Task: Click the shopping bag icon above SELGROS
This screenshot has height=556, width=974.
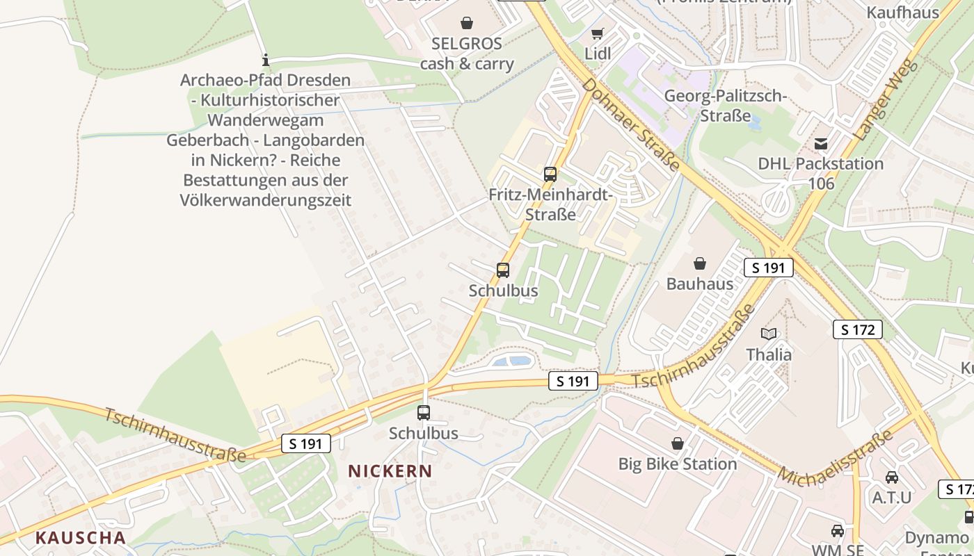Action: [x=467, y=23]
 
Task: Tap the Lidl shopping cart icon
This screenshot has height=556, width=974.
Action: [x=597, y=33]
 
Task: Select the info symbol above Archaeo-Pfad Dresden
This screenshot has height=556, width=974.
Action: [x=265, y=60]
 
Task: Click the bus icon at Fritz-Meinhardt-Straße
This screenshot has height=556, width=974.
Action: [x=550, y=174]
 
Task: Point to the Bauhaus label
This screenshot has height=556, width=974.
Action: [x=700, y=284]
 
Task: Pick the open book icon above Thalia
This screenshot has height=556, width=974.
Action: [x=769, y=334]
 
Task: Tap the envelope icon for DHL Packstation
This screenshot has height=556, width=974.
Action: [x=821, y=143]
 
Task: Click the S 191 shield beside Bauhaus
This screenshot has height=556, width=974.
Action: [x=768, y=268]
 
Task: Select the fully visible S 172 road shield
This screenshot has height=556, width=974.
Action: [x=857, y=329]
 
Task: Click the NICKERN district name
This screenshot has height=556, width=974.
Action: [x=390, y=471]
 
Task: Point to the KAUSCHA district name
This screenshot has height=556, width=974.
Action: [x=81, y=537]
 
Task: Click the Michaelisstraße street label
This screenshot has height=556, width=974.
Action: [x=835, y=458]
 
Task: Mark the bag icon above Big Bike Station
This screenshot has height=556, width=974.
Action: [x=677, y=443]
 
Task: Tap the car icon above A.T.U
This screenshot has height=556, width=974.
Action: [x=892, y=477]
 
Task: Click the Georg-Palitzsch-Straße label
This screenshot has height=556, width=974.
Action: [x=725, y=106]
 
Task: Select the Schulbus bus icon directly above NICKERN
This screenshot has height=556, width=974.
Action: [x=424, y=412]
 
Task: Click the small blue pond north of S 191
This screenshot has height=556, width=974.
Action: [x=511, y=361]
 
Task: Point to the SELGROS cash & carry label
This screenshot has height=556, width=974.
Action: [x=467, y=54]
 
